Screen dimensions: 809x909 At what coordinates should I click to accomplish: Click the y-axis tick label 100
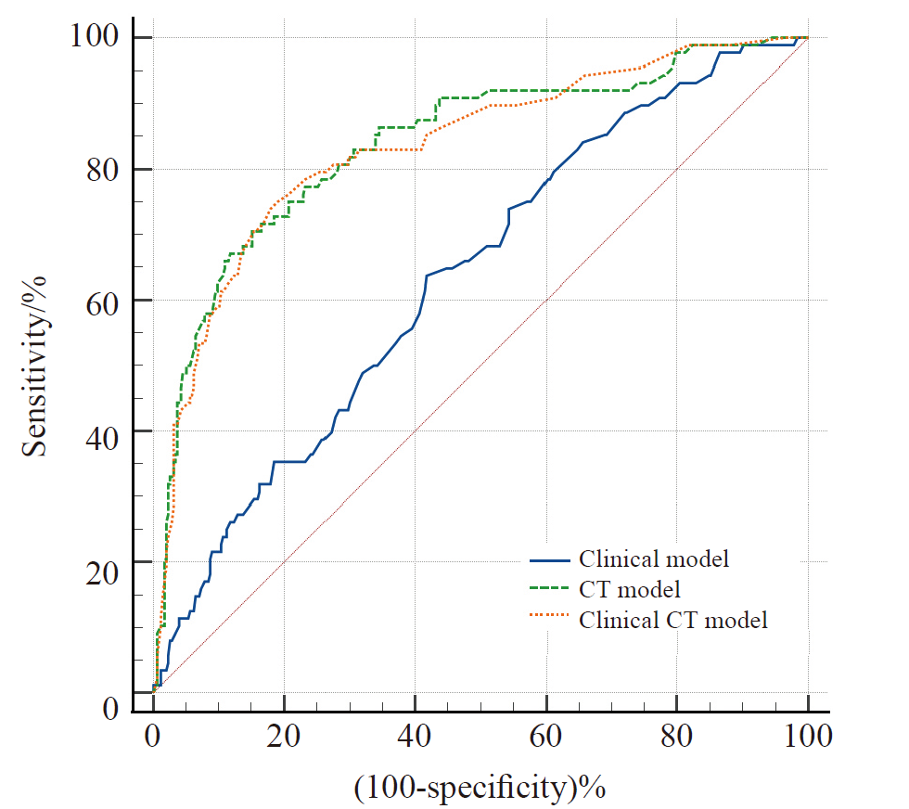(x=97, y=38)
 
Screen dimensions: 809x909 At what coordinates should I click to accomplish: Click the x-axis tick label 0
(x=153, y=739)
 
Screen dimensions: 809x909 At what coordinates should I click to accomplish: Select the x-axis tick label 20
(x=284, y=739)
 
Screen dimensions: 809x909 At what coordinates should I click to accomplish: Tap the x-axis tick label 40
(x=415, y=739)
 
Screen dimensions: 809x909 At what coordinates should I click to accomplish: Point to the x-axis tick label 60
(x=545, y=739)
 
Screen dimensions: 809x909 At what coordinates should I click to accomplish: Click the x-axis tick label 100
(x=807, y=739)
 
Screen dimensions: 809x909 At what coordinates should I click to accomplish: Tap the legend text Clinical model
(x=654, y=559)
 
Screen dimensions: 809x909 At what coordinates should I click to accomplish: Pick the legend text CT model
(x=630, y=589)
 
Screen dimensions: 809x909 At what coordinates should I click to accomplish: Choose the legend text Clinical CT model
(x=673, y=619)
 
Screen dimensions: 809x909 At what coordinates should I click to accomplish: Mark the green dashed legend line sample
(x=550, y=590)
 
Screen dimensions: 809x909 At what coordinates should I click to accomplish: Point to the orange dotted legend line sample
(x=550, y=620)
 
